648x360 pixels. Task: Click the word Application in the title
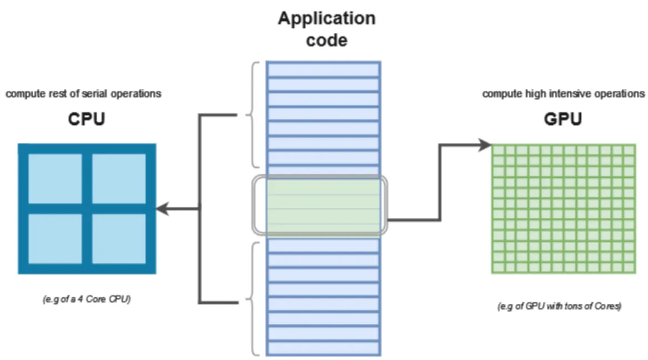(326, 19)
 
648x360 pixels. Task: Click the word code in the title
(326, 40)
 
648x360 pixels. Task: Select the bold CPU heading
(87, 120)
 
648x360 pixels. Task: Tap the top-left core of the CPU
(55, 179)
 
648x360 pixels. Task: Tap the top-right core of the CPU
(119, 179)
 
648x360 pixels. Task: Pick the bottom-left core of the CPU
(55, 239)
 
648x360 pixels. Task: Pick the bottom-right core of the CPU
(119, 239)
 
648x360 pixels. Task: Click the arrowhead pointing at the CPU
(161, 209)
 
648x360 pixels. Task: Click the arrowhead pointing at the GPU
(487, 146)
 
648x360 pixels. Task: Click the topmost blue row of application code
(323, 69)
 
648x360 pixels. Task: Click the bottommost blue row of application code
(323, 348)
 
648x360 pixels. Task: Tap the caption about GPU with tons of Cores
(559, 307)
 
